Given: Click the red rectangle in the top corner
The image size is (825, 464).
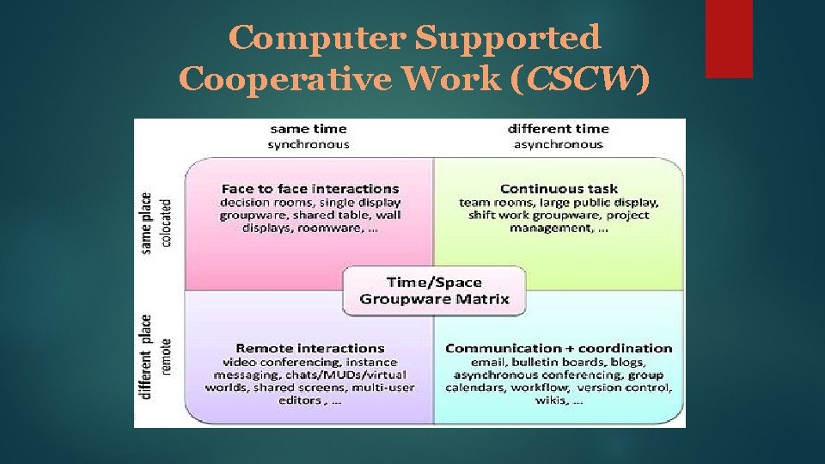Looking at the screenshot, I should (729, 39).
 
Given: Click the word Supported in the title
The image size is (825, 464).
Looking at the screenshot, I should (508, 37).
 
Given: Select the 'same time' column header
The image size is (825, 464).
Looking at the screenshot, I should (307, 129).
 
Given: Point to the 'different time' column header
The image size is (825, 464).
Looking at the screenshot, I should (558, 129).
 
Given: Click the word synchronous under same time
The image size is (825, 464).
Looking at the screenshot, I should (308, 144).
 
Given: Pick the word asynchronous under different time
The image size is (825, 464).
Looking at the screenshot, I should (559, 144).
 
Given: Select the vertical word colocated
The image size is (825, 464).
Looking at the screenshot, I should (166, 223).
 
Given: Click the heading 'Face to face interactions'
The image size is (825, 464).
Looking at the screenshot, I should (310, 188).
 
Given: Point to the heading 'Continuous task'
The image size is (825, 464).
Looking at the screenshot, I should (558, 188).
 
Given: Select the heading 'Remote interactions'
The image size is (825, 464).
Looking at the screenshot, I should (310, 348).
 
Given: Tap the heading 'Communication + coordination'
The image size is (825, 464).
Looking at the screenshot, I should (559, 348).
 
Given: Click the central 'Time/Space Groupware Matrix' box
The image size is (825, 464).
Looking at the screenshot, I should (434, 290).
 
